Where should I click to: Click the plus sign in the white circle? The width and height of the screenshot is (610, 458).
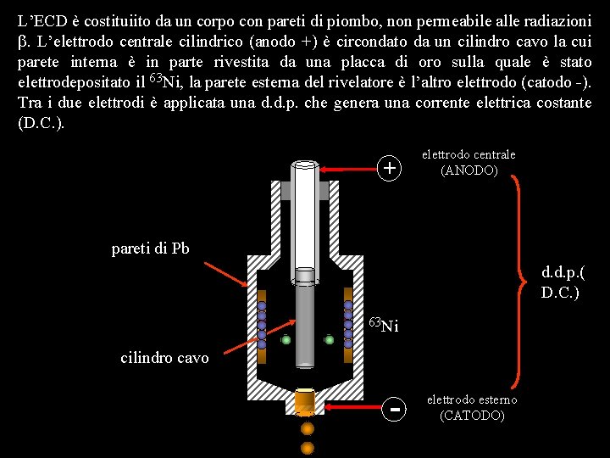389,169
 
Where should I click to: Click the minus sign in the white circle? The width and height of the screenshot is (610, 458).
392,410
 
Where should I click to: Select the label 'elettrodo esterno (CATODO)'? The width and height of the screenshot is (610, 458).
472,407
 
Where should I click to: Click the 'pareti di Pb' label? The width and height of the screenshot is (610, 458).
150,249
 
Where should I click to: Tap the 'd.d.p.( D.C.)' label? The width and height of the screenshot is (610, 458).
563,283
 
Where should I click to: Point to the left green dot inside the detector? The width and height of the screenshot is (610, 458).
286,340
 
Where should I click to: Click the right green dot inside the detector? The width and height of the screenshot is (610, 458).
329,339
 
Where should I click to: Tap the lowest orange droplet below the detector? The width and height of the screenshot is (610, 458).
307,447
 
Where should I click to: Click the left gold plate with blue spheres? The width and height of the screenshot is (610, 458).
262,319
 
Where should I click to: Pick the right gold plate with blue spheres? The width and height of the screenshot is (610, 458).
348,319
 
